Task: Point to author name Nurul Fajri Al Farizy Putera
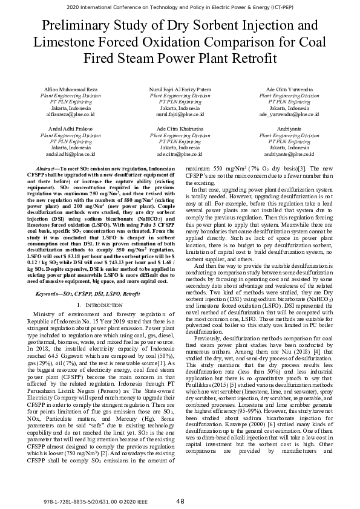pos(180,89)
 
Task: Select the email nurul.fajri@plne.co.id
pos(180,114)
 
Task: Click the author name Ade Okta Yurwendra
pos(289,89)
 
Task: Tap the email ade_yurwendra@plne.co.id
pos(289,114)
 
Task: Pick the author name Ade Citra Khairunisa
pos(180,129)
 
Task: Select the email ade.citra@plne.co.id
pos(180,154)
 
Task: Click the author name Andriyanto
pos(289,129)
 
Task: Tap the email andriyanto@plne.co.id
pos(289,154)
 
